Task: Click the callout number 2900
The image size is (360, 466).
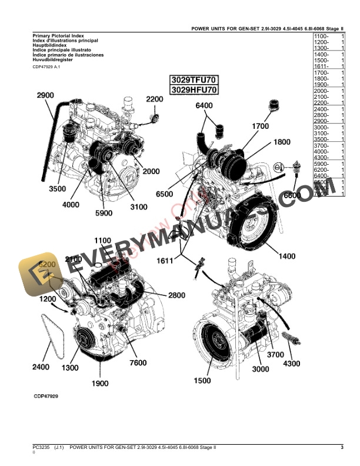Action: pos(45,95)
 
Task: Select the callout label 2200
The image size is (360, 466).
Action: pos(154,99)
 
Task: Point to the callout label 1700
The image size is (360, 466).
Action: pos(260,126)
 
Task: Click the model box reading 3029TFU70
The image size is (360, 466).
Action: pos(194,79)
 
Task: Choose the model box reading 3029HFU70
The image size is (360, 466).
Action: pos(194,90)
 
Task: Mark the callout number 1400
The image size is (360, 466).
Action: pos(288,257)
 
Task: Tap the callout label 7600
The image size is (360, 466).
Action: pos(138,363)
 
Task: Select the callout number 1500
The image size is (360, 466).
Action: pos(202,381)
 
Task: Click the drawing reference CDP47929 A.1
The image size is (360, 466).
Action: pos(46,67)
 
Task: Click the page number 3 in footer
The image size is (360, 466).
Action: pos(342,448)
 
